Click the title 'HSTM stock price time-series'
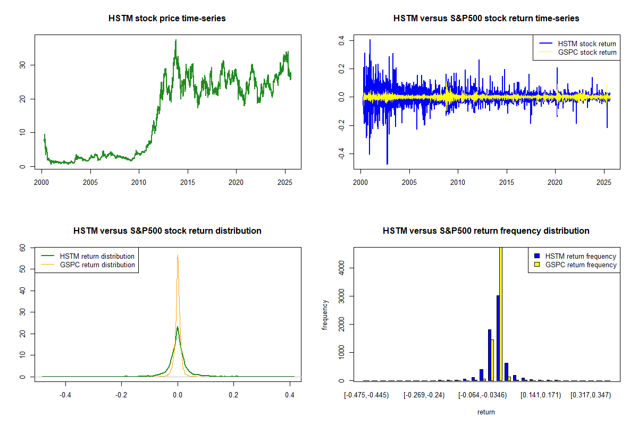[x=167, y=19]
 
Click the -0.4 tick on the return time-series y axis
[x=342, y=154]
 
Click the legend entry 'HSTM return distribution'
[x=97, y=256]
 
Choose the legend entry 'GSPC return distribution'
[x=97, y=265]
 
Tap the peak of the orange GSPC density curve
[x=178, y=256]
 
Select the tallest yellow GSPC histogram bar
[x=501, y=313]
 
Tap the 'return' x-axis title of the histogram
[x=486, y=412]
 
